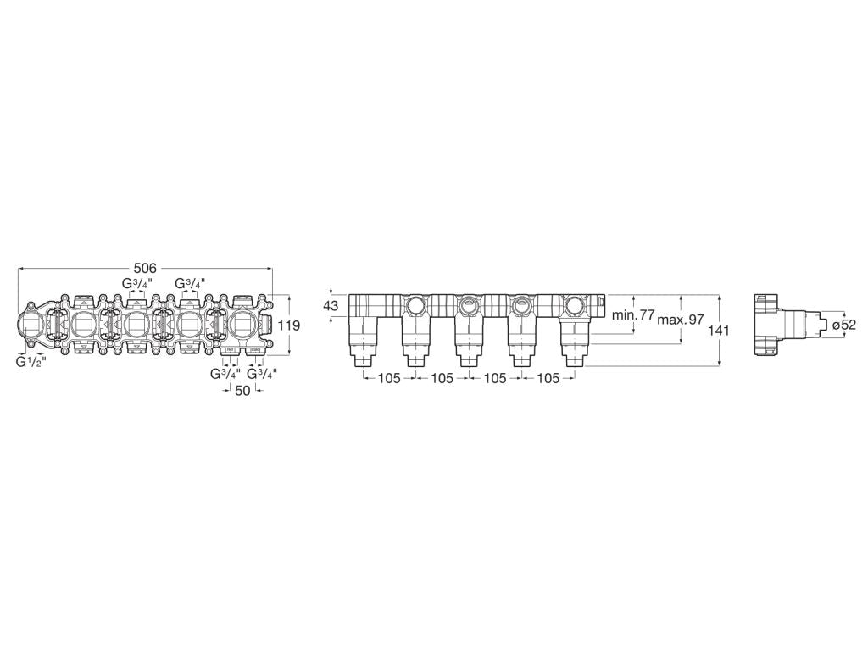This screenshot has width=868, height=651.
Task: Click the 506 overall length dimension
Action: [145, 268]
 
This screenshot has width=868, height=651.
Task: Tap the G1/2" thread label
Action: [31, 361]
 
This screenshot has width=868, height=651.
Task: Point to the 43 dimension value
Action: [331, 305]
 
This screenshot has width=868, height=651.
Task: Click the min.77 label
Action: [633, 315]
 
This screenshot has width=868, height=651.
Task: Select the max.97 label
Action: [681, 320]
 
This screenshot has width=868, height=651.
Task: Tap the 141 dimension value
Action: [719, 331]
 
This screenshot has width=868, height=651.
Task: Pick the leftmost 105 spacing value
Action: [388, 378]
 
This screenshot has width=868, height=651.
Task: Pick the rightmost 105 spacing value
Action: [548, 378]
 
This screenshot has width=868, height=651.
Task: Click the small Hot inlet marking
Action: [230, 349]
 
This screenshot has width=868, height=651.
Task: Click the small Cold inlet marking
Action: [254, 349]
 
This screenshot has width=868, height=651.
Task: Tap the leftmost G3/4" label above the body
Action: [136, 283]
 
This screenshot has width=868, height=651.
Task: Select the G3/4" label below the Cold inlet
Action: [262, 373]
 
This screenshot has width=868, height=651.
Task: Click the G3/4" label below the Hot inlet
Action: [225, 373]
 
